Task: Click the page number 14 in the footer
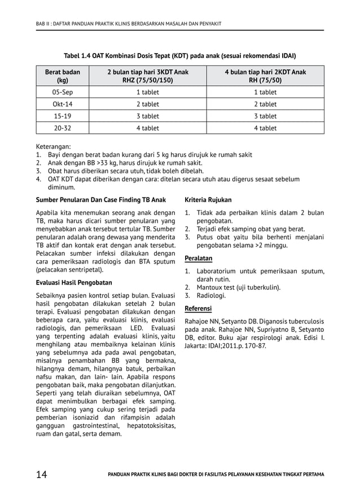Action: coord(41,475)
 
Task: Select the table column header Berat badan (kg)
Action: coord(62,77)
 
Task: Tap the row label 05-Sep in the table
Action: coord(62,92)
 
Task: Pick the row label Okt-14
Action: coord(62,104)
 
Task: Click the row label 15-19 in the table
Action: coord(62,116)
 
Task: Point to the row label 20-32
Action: coord(62,128)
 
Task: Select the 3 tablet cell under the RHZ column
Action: coord(148,116)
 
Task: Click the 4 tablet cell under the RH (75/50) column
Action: coord(265,128)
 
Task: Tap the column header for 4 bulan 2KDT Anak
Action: coord(265,77)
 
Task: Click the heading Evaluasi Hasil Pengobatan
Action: coord(74,282)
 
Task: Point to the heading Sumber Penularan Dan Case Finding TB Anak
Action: coord(101,200)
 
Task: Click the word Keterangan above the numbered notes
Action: coord(54,146)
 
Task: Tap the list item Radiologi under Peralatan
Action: coord(211,295)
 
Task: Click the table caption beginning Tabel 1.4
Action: coord(180,56)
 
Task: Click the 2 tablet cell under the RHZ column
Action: coord(148,104)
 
